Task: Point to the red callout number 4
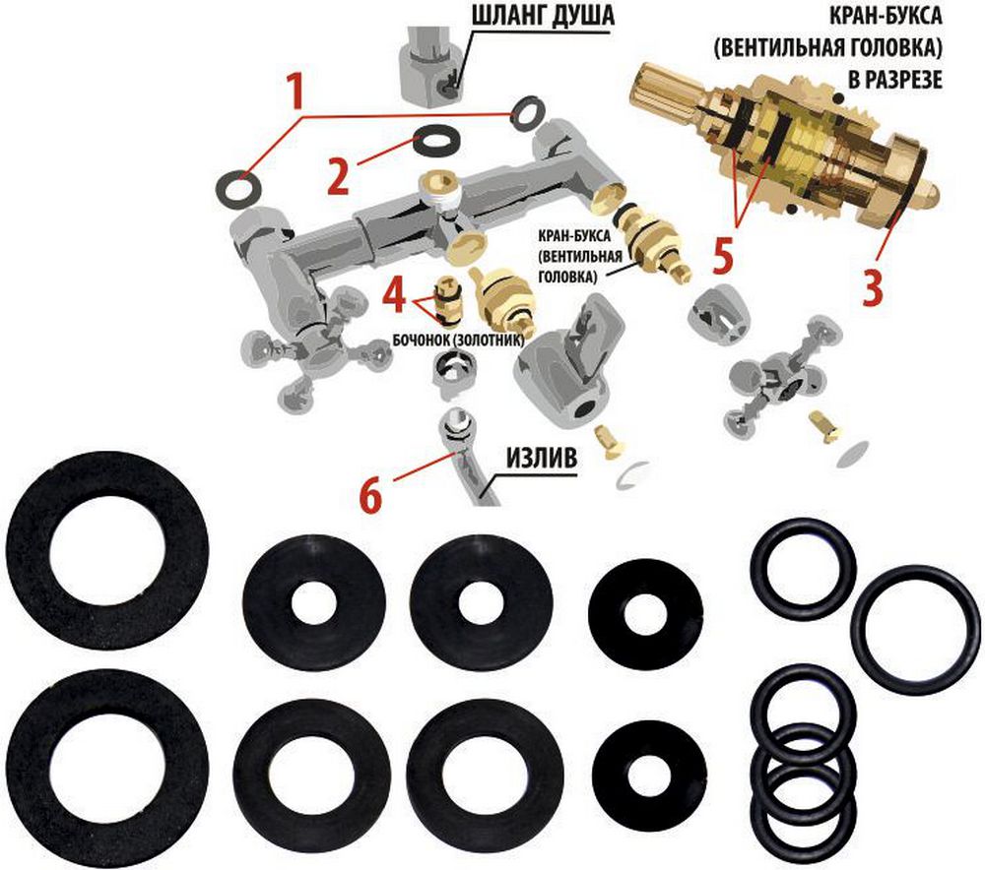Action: point(394,295)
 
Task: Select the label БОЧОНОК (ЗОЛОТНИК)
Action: point(458,341)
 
